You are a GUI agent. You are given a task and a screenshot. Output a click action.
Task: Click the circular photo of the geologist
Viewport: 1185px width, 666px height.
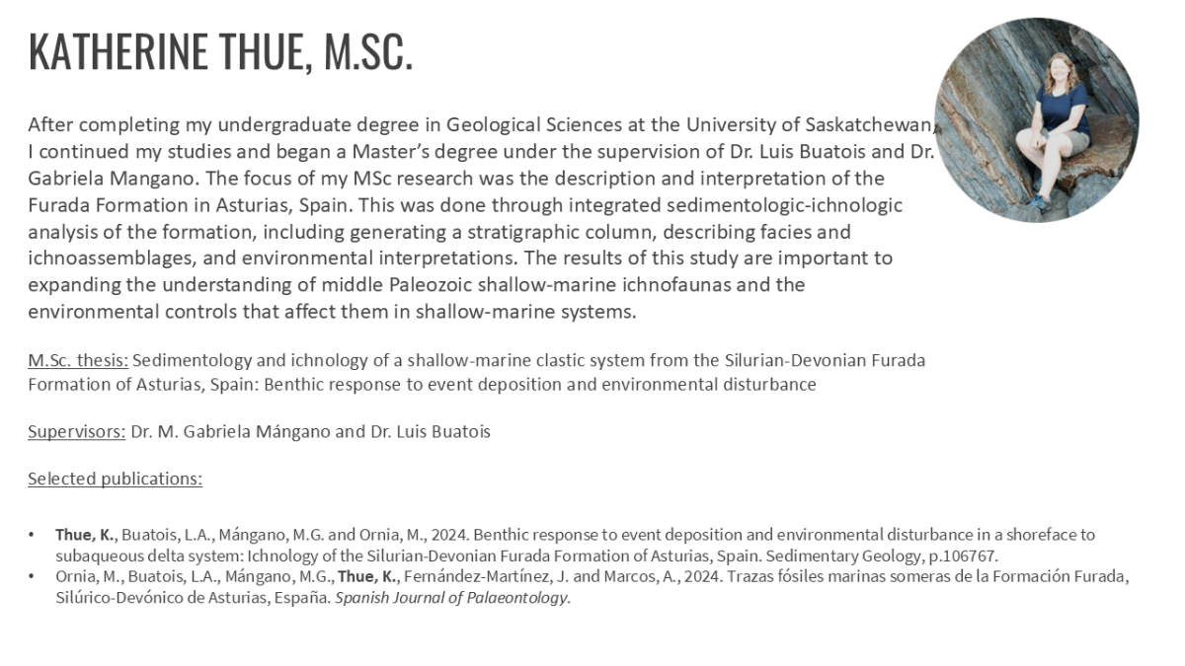pos(1036,119)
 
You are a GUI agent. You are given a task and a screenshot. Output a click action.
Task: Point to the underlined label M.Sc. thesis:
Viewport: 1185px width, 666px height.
pos(78,360)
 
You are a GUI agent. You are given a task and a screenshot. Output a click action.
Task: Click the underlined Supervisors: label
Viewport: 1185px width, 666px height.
pos(76,431)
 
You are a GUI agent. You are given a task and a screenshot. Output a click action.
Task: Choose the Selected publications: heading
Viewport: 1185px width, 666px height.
pos(115,479)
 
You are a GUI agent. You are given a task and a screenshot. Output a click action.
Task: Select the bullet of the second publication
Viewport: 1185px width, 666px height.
pos(33,576)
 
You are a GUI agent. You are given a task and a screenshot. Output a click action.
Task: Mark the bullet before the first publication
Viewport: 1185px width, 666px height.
pos(33,535)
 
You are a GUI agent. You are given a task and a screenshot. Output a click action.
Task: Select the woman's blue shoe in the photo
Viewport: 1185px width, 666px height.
pos(1036,202)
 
